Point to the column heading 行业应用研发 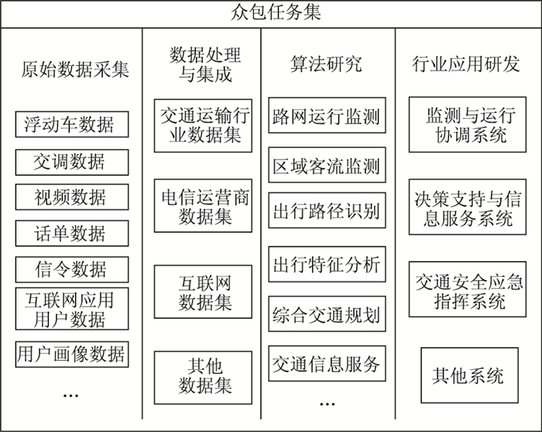(466, 64)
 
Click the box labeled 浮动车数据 (71, 124)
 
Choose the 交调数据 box (71, 161)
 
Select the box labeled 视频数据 (71, 197)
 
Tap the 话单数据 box (71, 233)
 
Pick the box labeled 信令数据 (71, 269)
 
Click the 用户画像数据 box (71, 354)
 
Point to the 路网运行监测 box (326, 117)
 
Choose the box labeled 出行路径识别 (326, 211)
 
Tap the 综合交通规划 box (326, 316)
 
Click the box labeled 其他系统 (468, 376)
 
